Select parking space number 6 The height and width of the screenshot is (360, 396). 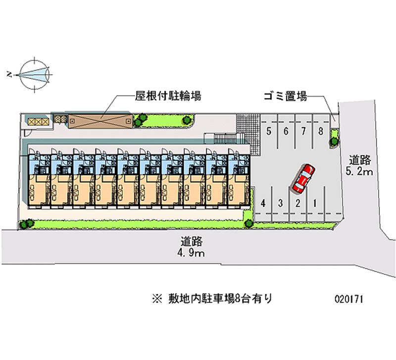(286, 131)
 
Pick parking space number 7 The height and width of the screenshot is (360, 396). (303, 131)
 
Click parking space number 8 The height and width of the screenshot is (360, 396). (321, 131)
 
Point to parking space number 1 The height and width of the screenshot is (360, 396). (314, 203)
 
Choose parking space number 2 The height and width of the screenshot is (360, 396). (297, 203)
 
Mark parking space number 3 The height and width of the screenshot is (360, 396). (280, 203)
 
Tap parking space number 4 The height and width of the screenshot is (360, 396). (264, 203)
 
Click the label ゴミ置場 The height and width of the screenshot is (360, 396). (286, 96)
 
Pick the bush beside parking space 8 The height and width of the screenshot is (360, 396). (335, 138)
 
